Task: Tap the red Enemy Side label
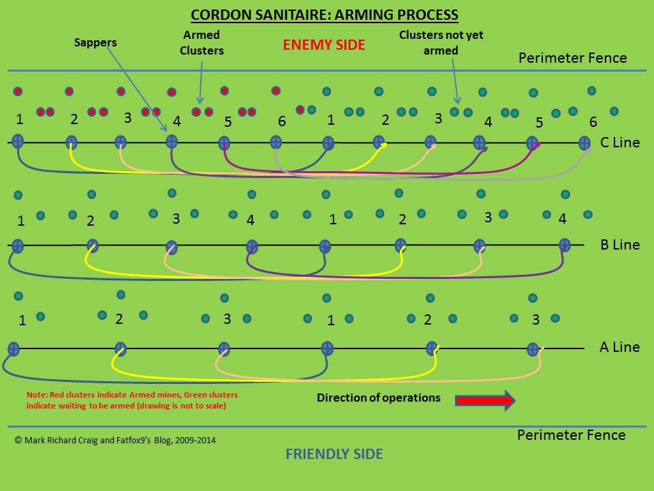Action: pyautogui.click(x=324, y=46)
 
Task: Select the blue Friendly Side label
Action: pyautogui.click(x=334, y=454)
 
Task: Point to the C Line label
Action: pyautogui.click(x=620, y=143)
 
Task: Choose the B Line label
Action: pyautogui.click(x=620, y=244)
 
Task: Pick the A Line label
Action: pyautogui.click(x=619, y=347)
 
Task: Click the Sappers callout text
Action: pyautogui.click(x=95, y=42)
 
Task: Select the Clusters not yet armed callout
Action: pyautogui.click(x=437, y=42)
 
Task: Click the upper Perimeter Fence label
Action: pyautogui.click(x=572, y=58)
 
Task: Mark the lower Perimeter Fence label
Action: pyautogui.click(x=571, y=435)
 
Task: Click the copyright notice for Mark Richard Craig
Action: pyautogui.click(x=115, y=441)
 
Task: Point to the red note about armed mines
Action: pyautogui.click(x=132, y=400)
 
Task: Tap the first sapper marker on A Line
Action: pyautogui.click(x=13, y=348)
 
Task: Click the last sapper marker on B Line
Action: pyautogui.click(x=564, y=245)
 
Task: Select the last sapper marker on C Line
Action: pyautogui.click(x=584, y=143)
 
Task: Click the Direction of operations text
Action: pyautogui.click(x=378, y=398)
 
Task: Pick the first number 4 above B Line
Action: pyautogui.click(x=250, y=220)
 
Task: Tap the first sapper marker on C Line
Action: pyautogui.click(x=18, y=142)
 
